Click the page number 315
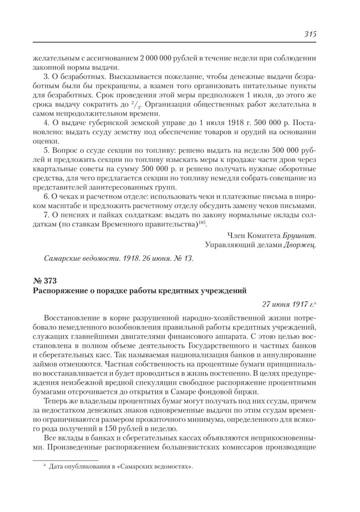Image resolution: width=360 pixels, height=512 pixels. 309,34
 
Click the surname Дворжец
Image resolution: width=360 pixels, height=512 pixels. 300,245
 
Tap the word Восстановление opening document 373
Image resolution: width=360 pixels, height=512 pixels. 72,318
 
